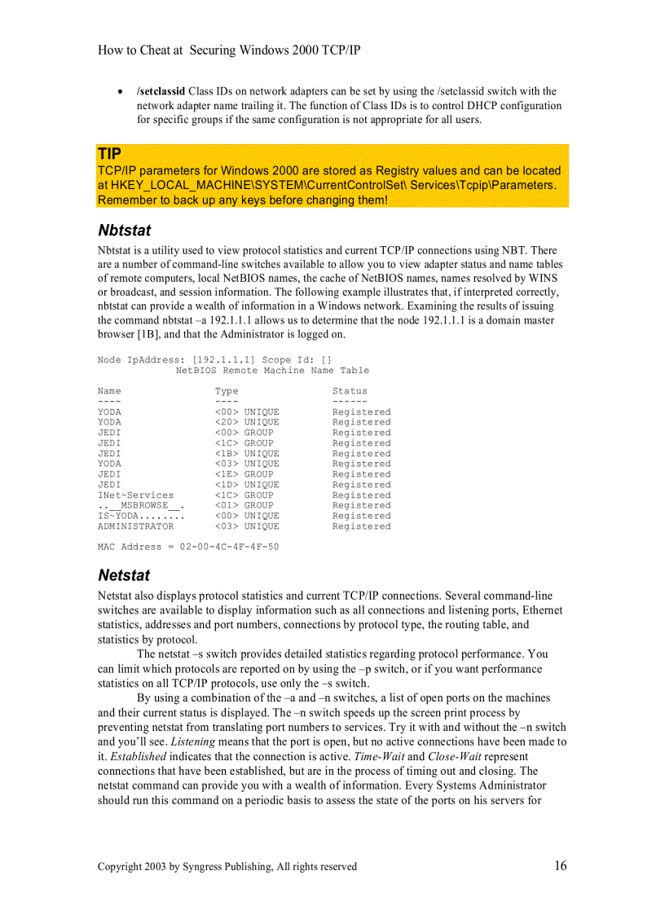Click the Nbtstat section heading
[x=124, y=231]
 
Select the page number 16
[x=561, y=866]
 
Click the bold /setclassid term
[x=161, y=91]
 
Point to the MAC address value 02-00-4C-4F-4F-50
[x=223, y=547]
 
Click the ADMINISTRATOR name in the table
[x=135, y=526]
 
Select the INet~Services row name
[x=135, y=495]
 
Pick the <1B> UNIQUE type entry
[x=247, y=454]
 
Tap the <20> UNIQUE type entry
[x=247, y=422]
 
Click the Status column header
[x=350, y=391]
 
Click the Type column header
[x=227, y=391]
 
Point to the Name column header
[x=109, y=391]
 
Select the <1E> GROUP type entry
[x=244, y=474]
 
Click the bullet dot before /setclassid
[x=121, y=92]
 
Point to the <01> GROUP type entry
[x=244, y=505]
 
